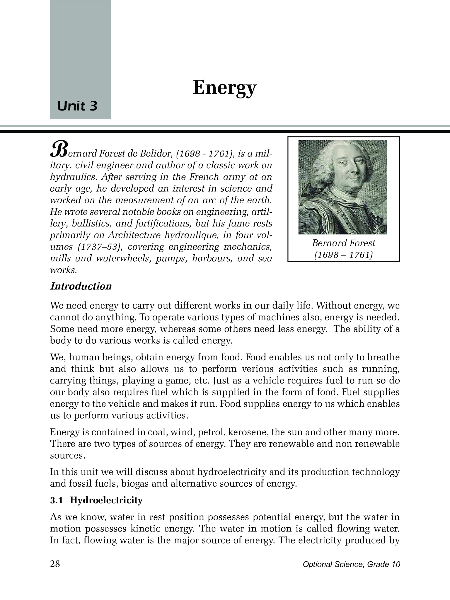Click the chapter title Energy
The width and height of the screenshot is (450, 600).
pos(224,88)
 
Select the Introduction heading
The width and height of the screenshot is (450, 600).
pos(81,286)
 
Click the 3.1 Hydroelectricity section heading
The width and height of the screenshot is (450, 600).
pos(96,500)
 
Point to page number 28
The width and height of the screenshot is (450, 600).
pos(55,564)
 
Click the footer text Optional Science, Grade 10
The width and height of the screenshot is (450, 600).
pos(351,564)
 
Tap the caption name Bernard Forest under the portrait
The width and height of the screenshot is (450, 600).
pos(343,243)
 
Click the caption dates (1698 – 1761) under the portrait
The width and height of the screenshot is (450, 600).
pos(343,255)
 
